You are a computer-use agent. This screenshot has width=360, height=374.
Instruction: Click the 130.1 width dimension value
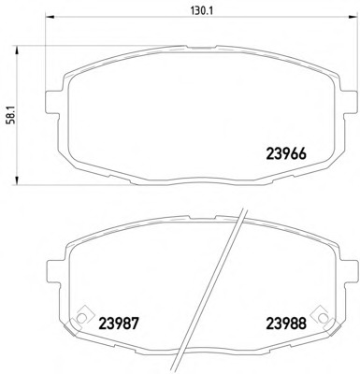[180, 12]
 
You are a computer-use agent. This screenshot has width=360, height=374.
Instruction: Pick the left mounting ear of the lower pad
[57, 280]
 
